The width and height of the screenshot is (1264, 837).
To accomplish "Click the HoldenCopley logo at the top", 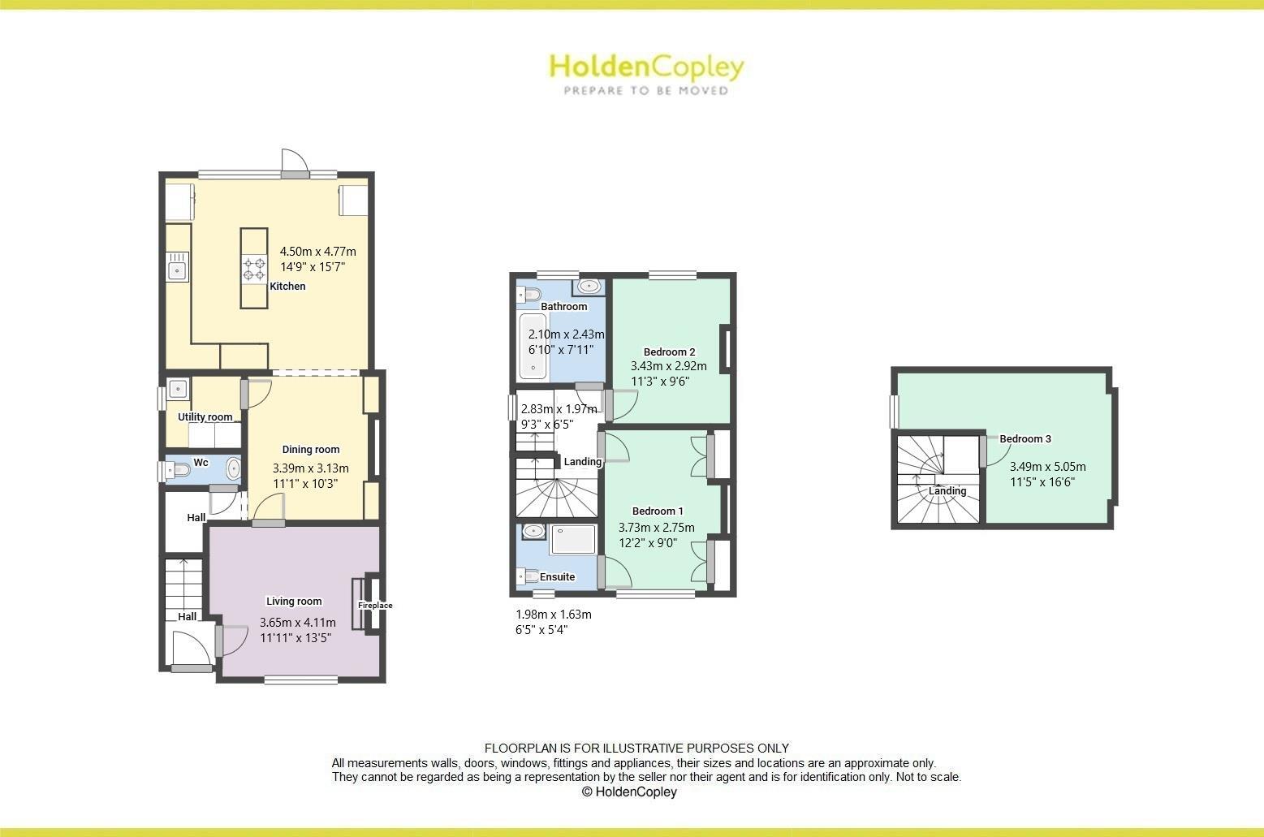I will point(646,67).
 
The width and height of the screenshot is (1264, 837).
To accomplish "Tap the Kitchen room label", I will point(287,286).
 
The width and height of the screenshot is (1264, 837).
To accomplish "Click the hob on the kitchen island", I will point(254,269).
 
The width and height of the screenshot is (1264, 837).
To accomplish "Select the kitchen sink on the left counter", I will point(177,268).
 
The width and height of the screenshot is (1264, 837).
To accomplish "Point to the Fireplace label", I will point(375,606).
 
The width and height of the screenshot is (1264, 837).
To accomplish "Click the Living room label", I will point(294,602).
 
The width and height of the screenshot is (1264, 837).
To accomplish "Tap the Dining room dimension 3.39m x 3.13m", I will point(311,468).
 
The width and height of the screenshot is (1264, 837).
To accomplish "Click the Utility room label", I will point(205,417).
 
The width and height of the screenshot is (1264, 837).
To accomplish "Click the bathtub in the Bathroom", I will point(533,347).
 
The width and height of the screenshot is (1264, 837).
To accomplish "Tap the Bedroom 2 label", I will point(669,352).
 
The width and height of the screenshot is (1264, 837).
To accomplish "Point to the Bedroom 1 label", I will point(658,511).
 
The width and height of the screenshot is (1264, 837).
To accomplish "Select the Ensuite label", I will point(557,577).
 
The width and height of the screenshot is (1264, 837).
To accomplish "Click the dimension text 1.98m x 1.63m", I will point(554,615).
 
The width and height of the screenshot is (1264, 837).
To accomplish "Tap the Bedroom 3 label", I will point(1025,439).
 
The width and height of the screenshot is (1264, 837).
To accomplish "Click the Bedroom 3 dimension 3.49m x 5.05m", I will point(1047,467).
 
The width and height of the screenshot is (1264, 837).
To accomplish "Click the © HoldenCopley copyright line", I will point(629,792).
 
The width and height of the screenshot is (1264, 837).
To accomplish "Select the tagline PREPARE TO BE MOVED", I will point(646,91).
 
